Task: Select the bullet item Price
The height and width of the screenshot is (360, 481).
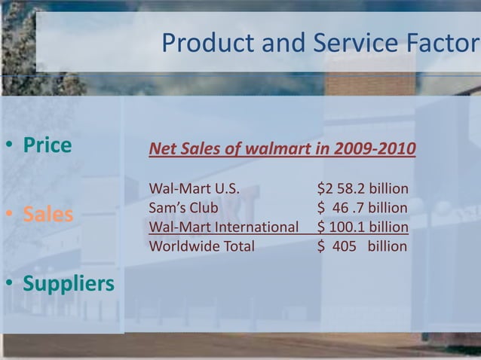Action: (47, 145)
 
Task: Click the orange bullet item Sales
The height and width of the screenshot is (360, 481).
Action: (47, 215)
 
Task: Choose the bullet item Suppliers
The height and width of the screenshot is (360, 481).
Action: (69, 284)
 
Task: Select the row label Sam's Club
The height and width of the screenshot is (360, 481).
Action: (184, 207)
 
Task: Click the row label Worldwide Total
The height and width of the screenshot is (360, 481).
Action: (202, 246)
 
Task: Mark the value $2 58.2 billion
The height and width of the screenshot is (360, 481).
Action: (363, 188)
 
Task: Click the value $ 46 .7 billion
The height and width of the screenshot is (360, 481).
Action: (363, 207)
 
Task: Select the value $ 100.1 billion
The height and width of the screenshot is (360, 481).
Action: (363, 227)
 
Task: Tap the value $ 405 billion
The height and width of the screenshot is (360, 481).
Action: (363, 246)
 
